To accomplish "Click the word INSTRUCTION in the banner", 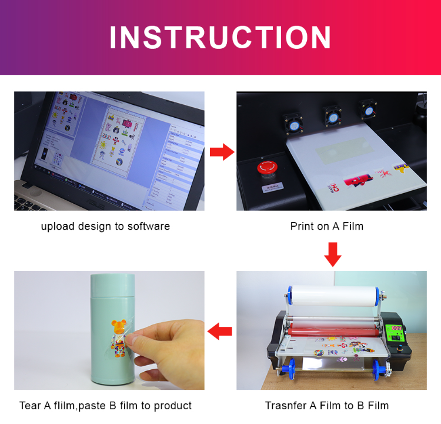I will click(220, 38).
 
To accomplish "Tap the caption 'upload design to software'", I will click(105, 226).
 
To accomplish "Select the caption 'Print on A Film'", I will click(326, 226).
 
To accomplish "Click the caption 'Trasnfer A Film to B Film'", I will click(327, 405).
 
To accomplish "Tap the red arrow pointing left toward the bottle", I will click(220, 332).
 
